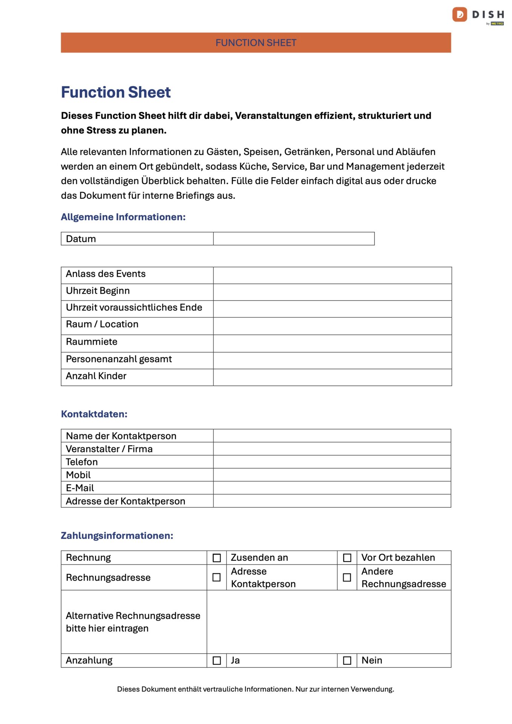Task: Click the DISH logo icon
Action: tap(460, 15)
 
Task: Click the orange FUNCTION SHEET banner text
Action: tap(256, 43)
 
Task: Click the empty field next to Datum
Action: tap(294, 239)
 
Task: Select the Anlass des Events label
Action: tap(106, 274)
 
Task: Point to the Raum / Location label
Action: tap(102, 324)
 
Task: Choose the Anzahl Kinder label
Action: tap(96, 376)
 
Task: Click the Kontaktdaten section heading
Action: tap(94, 414)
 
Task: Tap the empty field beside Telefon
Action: tap(332, 462)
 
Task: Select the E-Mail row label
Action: tap(80, 488)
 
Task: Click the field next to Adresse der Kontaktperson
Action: tap(332, 501)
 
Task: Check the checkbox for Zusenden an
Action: tap(217, 558)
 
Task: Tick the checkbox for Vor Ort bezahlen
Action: tap(347, 558)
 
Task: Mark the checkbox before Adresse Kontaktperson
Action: tap(217, 577)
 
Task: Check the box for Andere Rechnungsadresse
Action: tap(347, 577)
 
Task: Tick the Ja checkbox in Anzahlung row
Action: tap(217, 661)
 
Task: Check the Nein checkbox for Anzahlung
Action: tap(347, 661)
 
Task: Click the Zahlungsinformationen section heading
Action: tap(117, 535)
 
